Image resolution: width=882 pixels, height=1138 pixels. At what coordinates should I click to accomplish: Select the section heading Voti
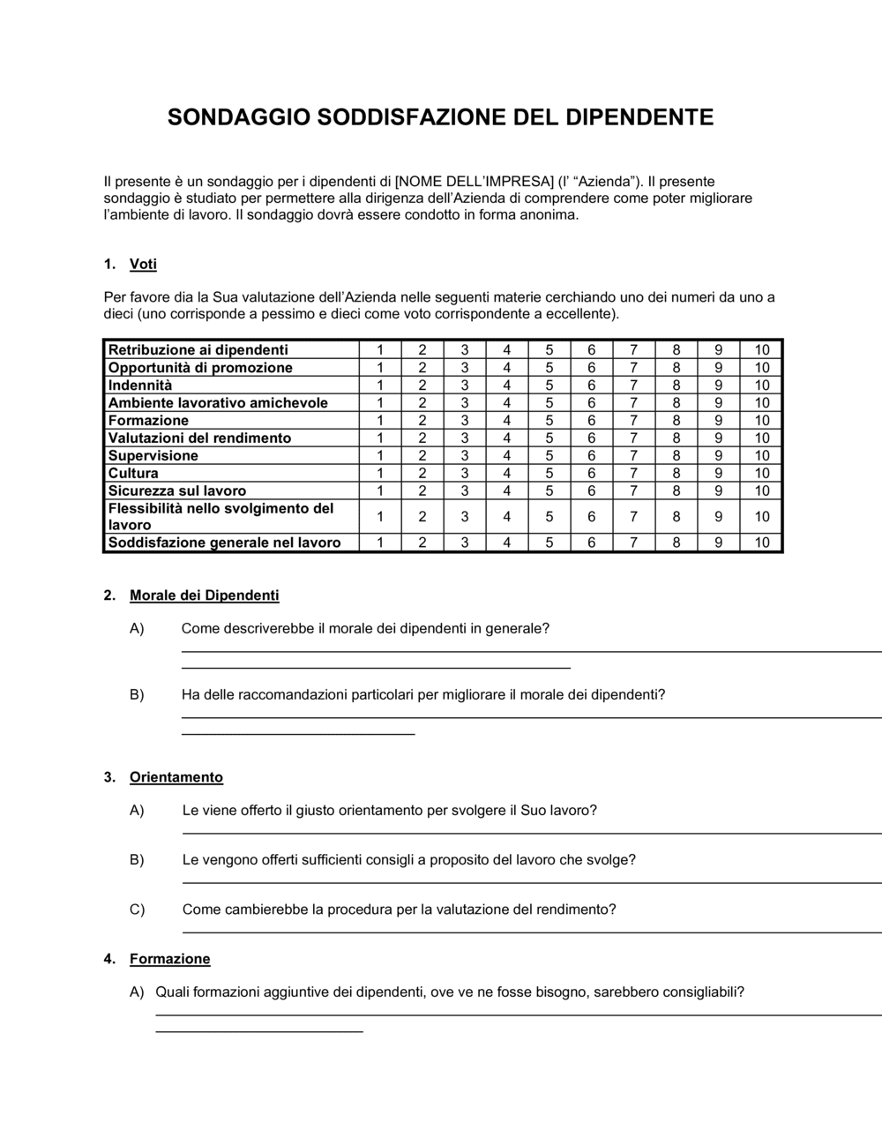143,264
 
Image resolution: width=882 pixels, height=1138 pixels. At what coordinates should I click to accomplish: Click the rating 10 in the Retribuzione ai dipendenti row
762,350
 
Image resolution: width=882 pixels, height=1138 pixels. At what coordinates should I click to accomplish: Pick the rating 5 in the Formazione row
549,421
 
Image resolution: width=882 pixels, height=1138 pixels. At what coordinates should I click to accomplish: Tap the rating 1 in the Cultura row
380,474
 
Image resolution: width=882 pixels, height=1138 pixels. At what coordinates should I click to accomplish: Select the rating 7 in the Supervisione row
633,456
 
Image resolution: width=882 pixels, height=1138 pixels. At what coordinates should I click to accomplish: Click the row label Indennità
140,386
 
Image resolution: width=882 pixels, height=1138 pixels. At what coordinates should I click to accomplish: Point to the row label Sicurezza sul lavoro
177,491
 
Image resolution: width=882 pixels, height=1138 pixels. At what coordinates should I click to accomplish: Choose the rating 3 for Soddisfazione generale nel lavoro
465,543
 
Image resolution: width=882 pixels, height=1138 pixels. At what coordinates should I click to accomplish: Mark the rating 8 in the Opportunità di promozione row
676,368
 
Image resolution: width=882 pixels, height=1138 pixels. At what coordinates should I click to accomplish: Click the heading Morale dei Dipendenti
204,595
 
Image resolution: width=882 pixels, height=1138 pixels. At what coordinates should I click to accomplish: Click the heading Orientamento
176,777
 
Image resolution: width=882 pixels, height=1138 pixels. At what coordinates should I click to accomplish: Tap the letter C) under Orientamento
137,910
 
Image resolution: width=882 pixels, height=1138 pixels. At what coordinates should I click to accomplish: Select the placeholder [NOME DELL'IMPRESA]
475,182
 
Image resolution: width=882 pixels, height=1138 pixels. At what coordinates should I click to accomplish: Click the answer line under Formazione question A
512,1014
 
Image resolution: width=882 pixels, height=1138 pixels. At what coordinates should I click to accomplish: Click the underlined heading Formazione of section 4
170,959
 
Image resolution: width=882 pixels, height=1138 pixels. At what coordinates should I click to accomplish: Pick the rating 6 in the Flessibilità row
591,517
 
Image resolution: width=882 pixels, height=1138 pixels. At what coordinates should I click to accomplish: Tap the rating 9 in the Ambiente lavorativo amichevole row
719,403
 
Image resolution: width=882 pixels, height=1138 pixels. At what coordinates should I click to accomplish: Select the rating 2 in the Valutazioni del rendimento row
422,438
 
